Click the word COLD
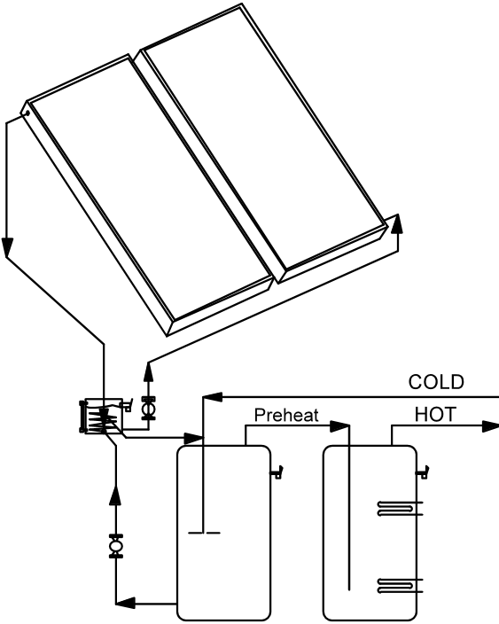(x=436, y=382)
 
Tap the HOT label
(x=435, y=415)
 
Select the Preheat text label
(x=286, y=416)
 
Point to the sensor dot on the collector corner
(x=27, y=113)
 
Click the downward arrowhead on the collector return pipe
(x=7, y=247)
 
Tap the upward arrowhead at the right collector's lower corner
(x=397, y=224)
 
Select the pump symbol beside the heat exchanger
(x=149, y=408)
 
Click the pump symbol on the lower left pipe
(x=116, y=546)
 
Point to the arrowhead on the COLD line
(x=213, y=397)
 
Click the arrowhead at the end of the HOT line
(x=490, y=426)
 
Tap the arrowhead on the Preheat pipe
(x=339, y=426)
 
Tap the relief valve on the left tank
(x=277, y=472)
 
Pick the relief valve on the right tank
(x=423, y=472)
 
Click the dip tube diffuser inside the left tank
(x=204, y=533)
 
